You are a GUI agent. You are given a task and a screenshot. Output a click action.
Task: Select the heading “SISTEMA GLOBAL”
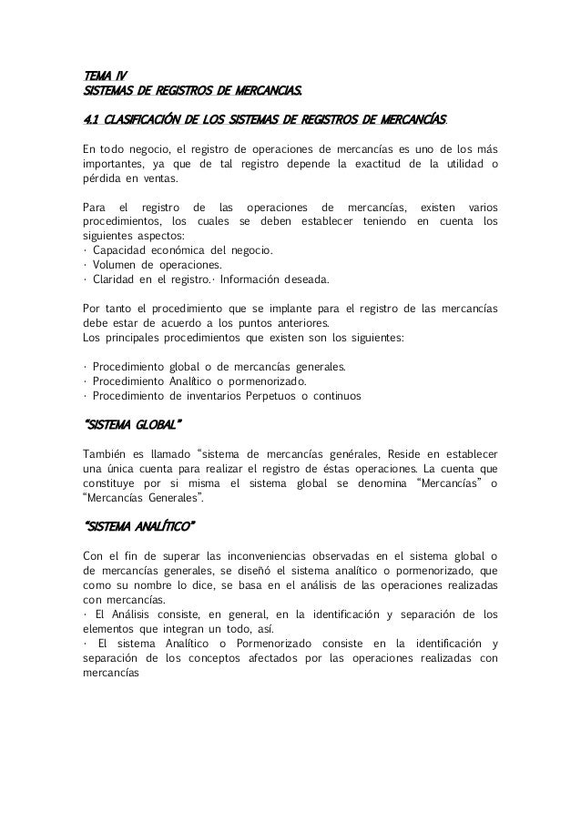point(132,425)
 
